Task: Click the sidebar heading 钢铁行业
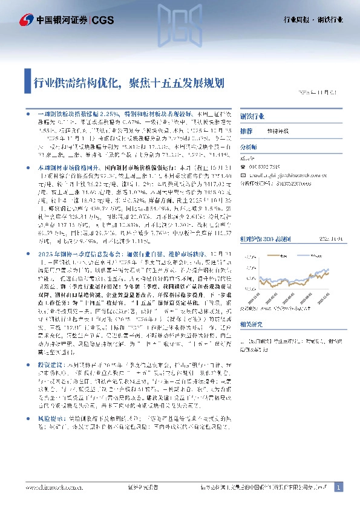[252, 115]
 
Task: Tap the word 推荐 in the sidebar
[246, 131]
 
